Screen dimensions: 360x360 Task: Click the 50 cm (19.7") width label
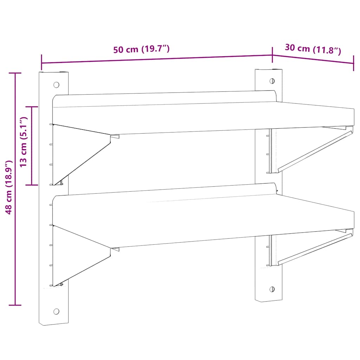142,50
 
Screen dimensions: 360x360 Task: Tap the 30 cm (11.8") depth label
313,49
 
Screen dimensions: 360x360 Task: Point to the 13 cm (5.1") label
24,142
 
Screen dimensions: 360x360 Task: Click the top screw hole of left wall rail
56,85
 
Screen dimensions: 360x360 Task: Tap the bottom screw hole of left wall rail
56,311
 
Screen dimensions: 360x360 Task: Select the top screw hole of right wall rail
272,81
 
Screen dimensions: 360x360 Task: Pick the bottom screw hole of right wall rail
272,289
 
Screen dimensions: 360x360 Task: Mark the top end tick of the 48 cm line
15,73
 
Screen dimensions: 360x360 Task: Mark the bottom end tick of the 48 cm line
15,305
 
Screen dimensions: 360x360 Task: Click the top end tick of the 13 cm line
32,107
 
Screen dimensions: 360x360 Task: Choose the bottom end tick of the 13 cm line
32,185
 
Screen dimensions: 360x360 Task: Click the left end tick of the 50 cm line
42,63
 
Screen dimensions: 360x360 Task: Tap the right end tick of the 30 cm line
353,64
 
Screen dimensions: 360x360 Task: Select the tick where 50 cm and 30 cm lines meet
272,55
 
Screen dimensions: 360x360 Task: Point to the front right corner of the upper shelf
354,120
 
